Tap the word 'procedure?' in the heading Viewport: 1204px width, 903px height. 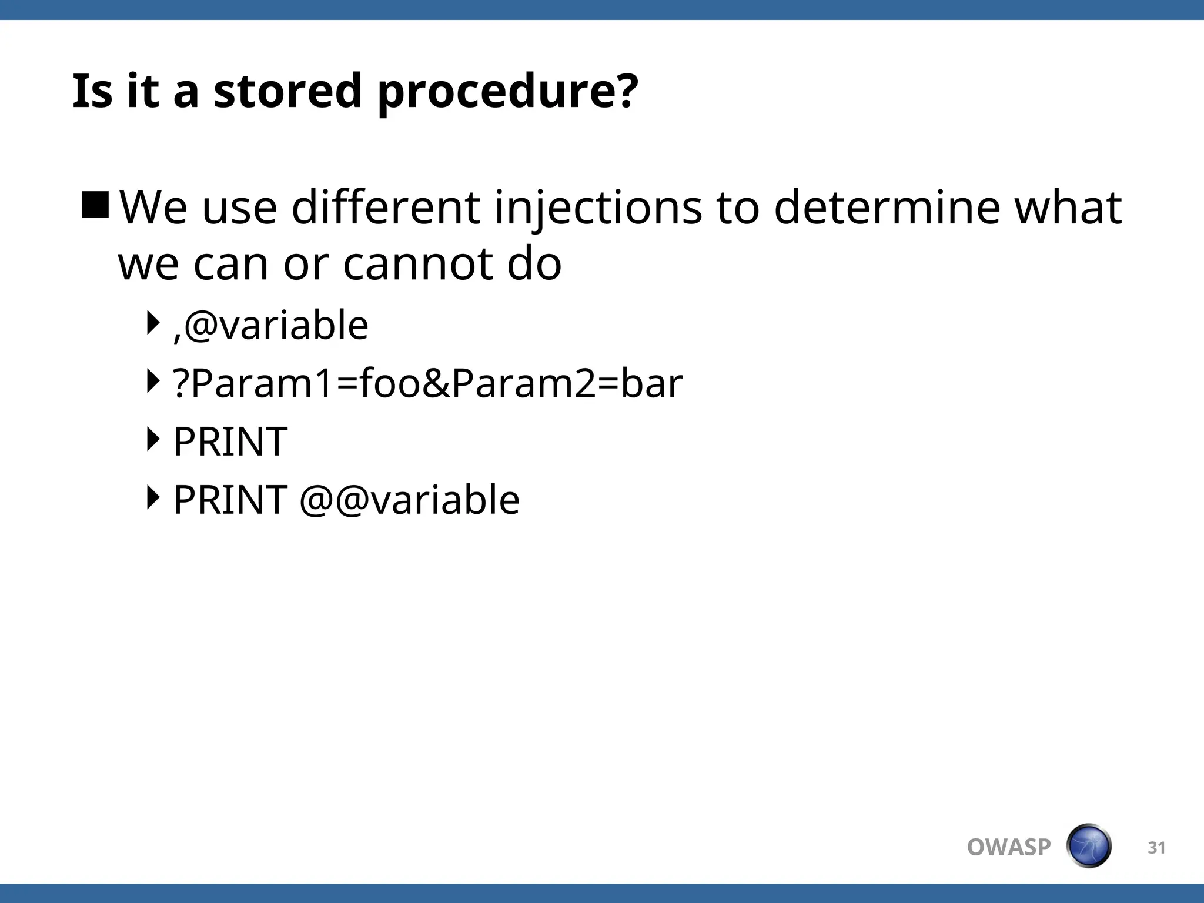[507, 93]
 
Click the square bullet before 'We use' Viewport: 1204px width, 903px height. [95, 205]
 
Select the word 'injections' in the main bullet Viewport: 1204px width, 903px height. [598, 208]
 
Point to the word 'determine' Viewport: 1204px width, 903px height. [887, 208]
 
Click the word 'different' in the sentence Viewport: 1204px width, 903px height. [386, 208]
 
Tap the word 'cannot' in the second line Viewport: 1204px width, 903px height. [418, 264]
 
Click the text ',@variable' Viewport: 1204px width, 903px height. [271, 325]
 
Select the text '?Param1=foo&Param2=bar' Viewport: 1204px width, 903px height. [427, 383]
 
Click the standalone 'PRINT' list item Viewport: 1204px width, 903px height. [230, 442]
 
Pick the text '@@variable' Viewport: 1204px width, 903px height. [410, 500]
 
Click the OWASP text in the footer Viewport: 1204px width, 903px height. [1008, 847]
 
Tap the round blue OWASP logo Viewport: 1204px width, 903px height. [1088, 846]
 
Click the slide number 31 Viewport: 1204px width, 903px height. [1156, 848]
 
